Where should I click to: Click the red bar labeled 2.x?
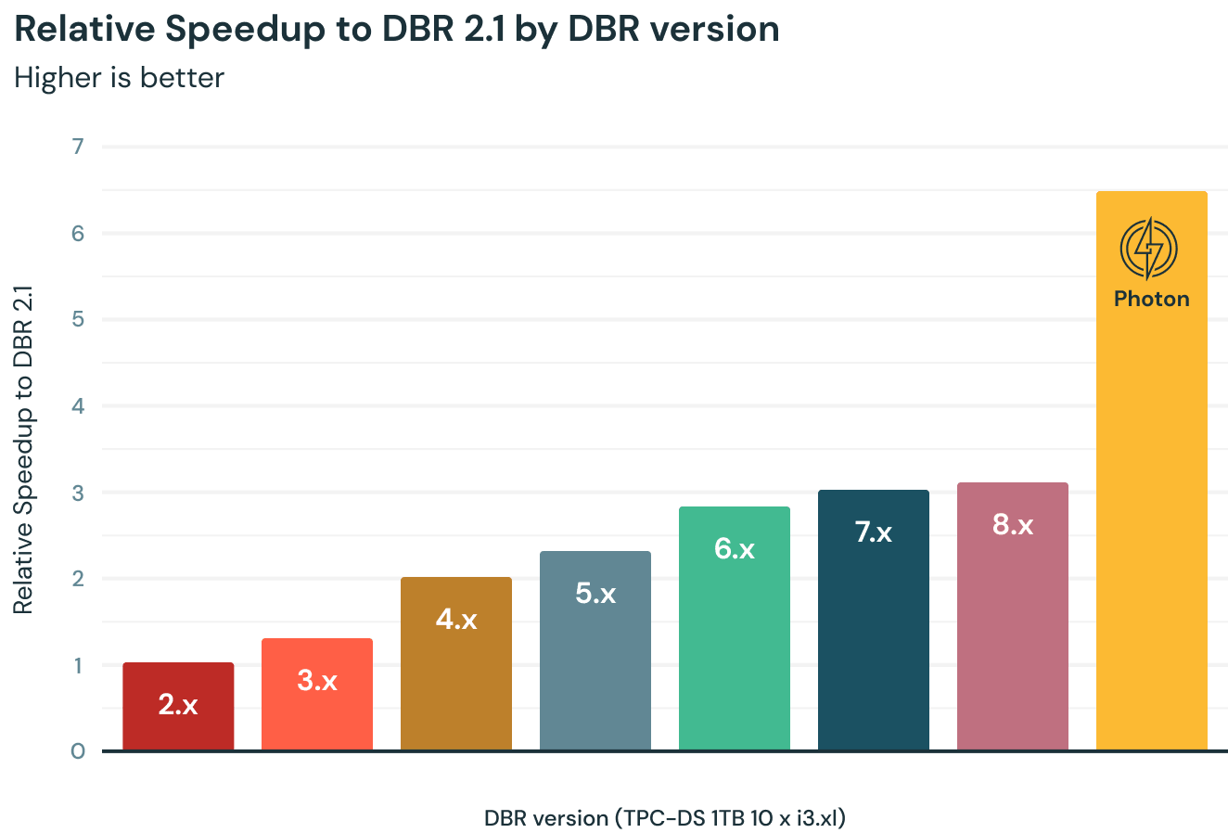coord(178,706)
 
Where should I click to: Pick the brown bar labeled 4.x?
coord(456,663)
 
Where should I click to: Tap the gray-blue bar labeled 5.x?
coord(595,650)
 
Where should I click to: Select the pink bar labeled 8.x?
coord(1013,616)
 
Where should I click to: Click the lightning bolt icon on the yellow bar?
coord(1149,248)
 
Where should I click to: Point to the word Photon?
coord(1151,299)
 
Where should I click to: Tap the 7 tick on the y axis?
coord(78,147)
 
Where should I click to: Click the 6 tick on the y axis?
coord(78,233)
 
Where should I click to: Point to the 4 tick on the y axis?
coord(78,406)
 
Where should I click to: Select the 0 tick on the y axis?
coord(78,751)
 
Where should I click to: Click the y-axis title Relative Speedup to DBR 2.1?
coord(23,449)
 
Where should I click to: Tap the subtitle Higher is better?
coord(120,77)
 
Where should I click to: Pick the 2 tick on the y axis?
coord(78,579)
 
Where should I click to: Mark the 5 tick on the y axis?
coord(78,319)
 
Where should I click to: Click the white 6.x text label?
coord(735,548)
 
